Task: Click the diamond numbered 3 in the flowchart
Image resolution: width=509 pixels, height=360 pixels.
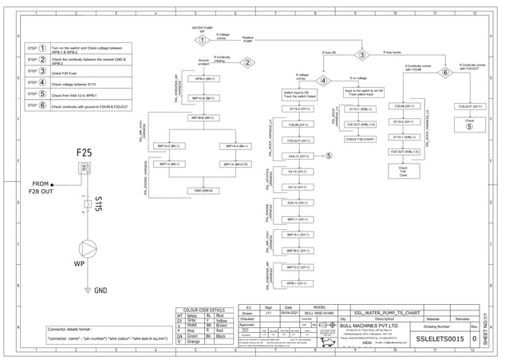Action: [x=361, y=56]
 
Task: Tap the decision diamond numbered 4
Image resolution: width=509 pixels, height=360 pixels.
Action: [x=324, y=81]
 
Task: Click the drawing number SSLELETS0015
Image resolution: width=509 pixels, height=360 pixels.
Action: [x=440, y=339]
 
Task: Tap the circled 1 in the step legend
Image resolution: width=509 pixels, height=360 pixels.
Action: [x=41, y=48]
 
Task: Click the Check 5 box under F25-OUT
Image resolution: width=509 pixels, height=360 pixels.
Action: [x=468, y=124]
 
